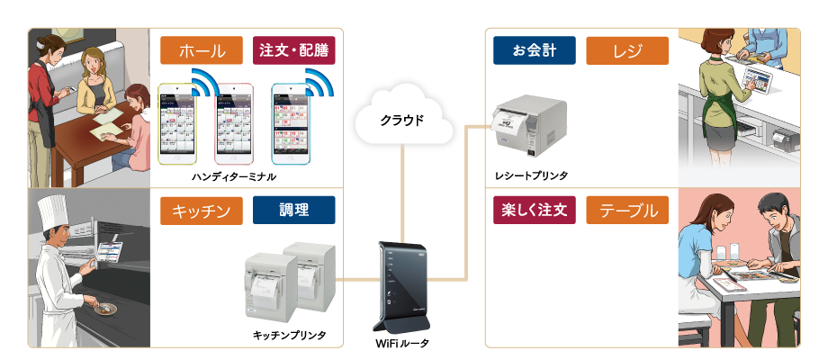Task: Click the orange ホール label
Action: (202, 49)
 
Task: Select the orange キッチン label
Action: (202, 211)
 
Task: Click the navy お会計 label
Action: (535, 49)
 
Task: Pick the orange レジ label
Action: (626, 49)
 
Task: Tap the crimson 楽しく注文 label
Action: (535, 211)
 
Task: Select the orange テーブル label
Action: (626, 211)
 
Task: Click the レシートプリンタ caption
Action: (531, 174)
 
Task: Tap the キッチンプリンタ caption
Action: (289, 336)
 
